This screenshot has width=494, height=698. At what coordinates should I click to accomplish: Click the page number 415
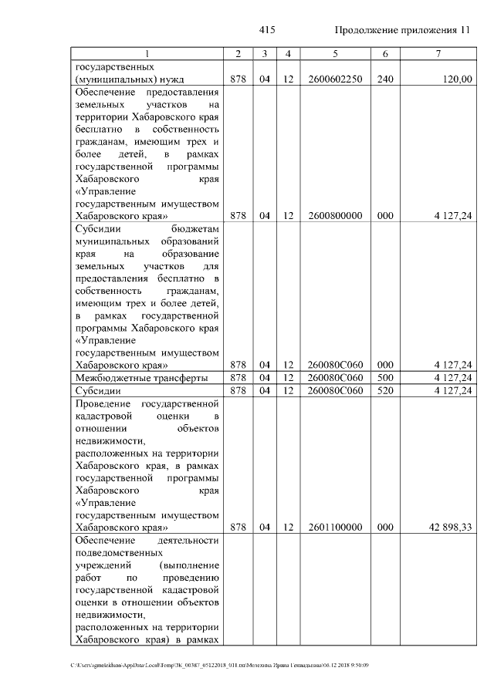[x=267, y=30]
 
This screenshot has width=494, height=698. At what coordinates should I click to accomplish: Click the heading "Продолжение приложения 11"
[x=401, y=30]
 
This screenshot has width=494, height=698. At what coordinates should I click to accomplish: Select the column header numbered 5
[x=335, y=53]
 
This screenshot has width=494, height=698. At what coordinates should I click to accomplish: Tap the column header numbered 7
[x=438, y=53]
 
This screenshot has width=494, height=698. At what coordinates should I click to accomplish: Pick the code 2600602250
[x=335, y=78]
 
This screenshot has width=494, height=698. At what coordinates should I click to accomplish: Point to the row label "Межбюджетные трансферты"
[x=140, y=379]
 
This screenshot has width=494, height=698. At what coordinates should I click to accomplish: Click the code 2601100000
[x=335, y=528]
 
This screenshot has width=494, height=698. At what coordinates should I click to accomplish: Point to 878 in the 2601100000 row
[x=238, y=528]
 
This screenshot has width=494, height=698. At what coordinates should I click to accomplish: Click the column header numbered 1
[x=147, y=53]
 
